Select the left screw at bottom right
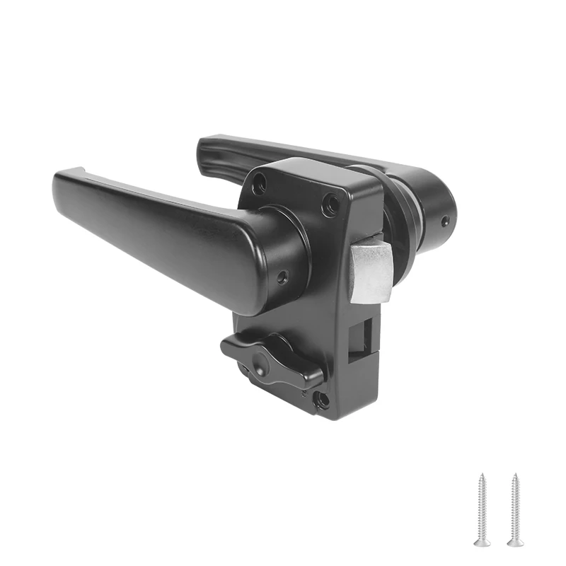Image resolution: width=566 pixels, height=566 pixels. pos(482,509)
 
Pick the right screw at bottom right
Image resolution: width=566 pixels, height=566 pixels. pos(515,509)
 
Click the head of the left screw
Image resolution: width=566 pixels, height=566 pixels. pos(482,541)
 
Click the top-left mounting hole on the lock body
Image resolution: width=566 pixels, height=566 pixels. pos(260,186)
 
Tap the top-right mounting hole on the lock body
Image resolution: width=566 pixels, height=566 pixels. pos(330,204)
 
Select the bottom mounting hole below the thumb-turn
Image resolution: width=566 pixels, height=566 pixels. pos(322,400)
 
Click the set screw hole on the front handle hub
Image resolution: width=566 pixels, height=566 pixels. pos(282,277)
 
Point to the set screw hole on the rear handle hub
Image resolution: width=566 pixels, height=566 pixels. pos(444,221)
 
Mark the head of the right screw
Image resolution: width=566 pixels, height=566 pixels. pos(515,541)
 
